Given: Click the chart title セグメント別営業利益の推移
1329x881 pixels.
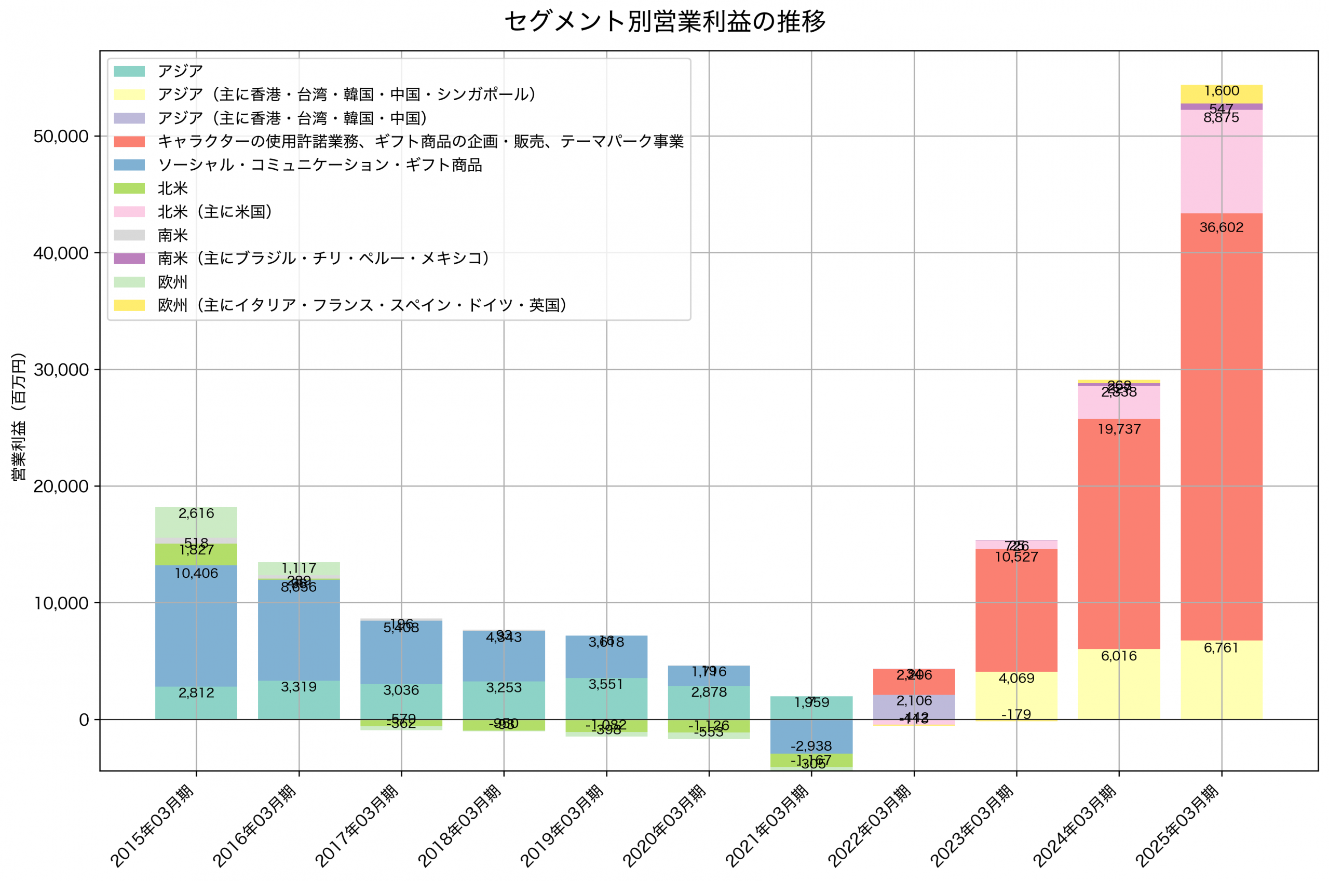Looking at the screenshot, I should coord(664,22).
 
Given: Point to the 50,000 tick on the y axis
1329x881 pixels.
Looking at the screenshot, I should coord(61,137).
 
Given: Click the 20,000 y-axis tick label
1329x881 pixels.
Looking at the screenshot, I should coord(61,486).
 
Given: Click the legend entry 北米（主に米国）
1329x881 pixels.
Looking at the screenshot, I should coord(215,212).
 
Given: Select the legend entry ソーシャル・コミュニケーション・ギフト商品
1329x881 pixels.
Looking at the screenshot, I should coord(320,165).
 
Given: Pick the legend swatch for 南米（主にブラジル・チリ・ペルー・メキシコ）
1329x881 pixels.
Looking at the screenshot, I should coord(129,259).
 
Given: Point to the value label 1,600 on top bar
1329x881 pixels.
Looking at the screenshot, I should coord(1221,91).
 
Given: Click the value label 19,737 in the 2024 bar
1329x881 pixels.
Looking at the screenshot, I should coord(1118,429).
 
